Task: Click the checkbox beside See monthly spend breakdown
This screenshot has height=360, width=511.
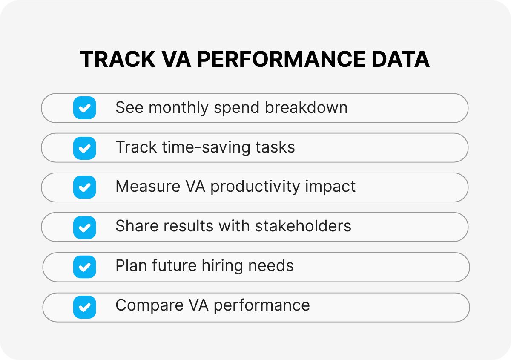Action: [x=84, y=108]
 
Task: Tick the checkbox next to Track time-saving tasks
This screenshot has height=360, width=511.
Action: [x=84, y=148]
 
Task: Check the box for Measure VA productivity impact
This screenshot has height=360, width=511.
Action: [x=84, y=187]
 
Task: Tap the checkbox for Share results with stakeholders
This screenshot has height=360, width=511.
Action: [x=84, y=227]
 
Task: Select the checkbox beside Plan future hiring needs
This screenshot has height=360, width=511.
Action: [x=84, y=267]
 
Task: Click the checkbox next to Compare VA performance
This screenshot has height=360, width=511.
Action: [x=84, y=307]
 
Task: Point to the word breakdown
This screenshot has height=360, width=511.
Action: [x=306, y=108]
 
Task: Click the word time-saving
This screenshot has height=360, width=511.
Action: [x=206, y=147]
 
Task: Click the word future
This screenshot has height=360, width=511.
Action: [x=170, y=266]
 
